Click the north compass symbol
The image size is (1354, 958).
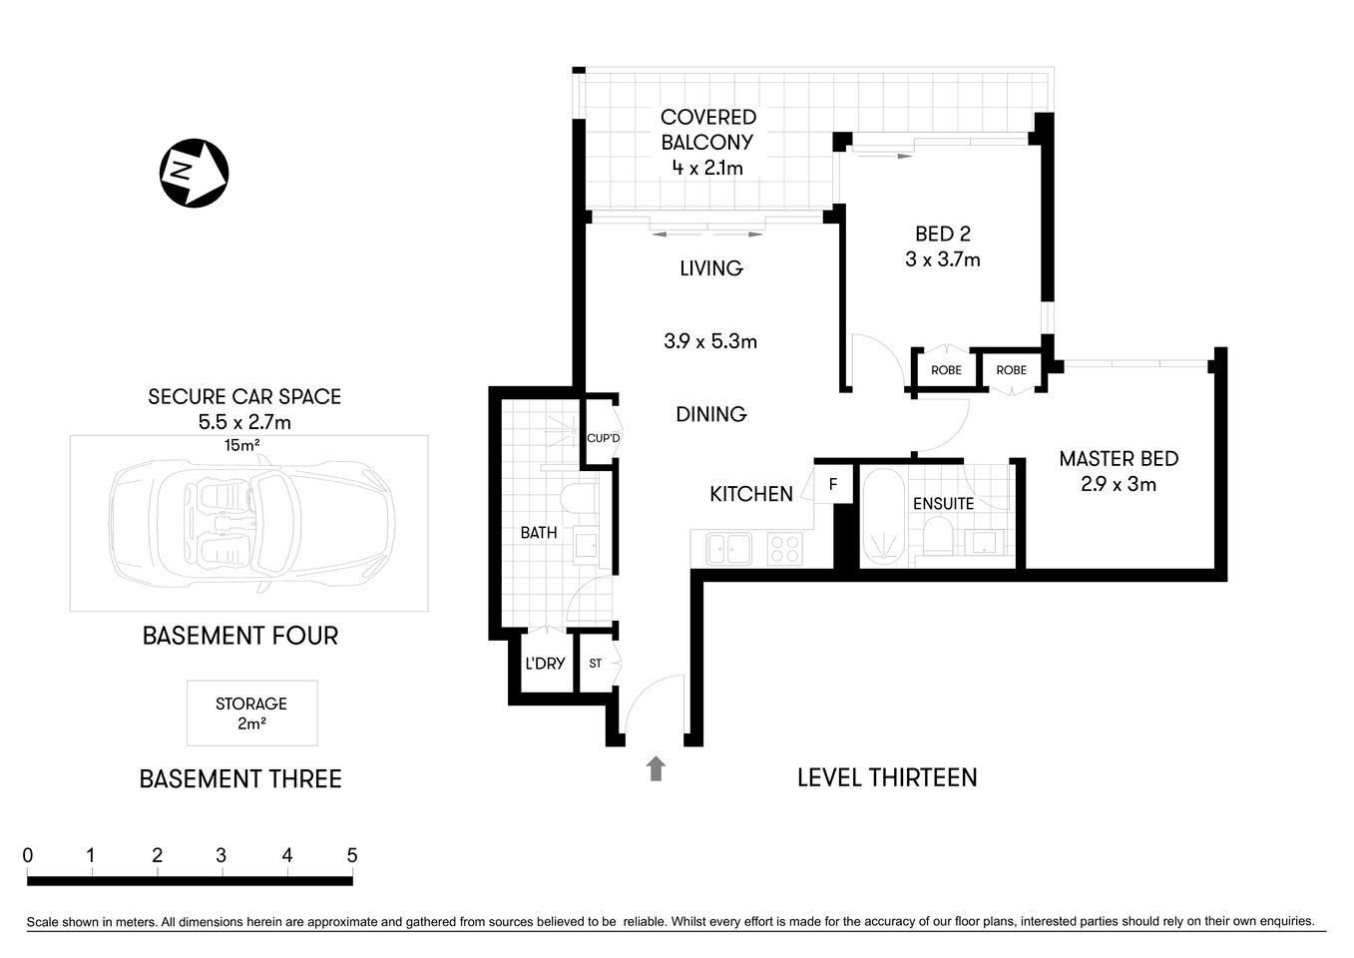194,173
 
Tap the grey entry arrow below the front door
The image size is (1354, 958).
656,767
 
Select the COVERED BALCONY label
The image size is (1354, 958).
708,131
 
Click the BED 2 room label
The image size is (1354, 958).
942,235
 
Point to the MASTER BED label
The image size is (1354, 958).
1119,459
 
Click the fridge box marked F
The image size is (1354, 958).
833,486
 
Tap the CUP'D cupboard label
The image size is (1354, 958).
603,438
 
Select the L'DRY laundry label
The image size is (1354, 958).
545,664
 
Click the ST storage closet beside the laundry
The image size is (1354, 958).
596,664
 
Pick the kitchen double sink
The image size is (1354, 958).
728,548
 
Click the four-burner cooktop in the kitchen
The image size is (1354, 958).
784,548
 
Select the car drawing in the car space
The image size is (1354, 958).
250,523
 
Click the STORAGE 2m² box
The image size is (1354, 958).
251,714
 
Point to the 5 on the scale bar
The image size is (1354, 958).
351,855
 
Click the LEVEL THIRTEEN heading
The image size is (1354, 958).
887,777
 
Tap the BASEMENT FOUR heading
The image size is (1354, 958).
240,636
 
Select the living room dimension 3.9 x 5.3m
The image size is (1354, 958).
710,341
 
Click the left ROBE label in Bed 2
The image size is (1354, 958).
946,370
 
